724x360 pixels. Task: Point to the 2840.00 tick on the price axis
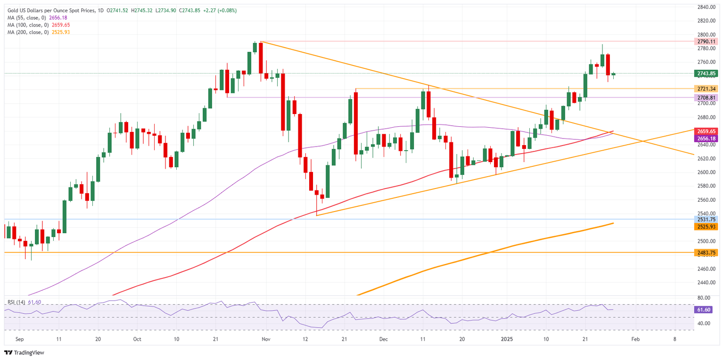click(707, 7)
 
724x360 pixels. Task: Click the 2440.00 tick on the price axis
click(707, 283)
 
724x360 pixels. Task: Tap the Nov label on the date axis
click(265, 339)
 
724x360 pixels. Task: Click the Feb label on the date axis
click(635, 339)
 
